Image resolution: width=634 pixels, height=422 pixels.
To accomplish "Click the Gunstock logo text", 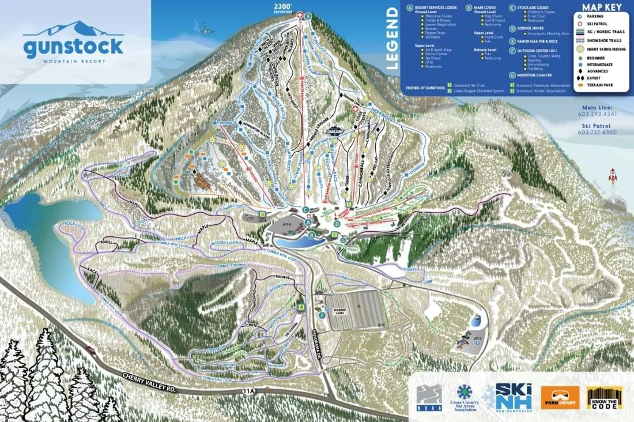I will (73, 46).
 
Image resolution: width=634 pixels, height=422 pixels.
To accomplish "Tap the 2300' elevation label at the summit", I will (283, 8).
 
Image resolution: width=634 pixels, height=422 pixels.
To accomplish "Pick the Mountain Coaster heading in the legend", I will (534, 75).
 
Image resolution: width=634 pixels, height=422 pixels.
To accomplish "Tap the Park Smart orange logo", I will (560, 398).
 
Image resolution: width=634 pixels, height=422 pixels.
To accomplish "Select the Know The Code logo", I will (605, 398).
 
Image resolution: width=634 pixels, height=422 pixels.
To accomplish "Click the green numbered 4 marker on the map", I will (301, 307).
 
